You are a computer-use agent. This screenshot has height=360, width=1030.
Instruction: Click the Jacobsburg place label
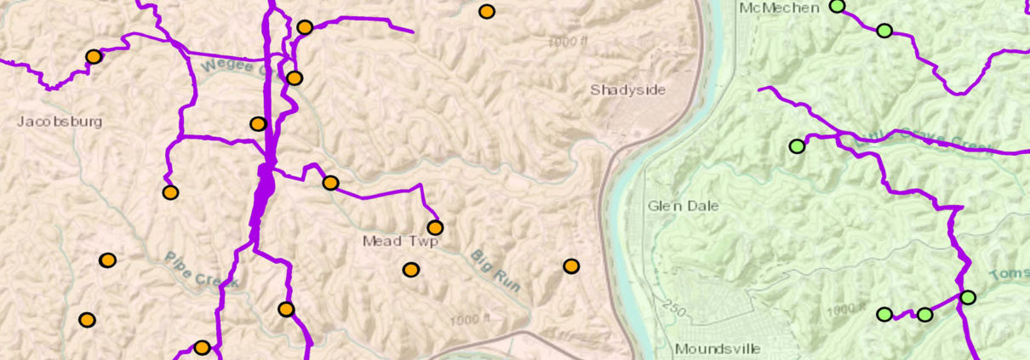60,122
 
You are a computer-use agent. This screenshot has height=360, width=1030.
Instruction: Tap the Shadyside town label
628,90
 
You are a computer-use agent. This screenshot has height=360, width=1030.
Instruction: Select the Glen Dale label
683,206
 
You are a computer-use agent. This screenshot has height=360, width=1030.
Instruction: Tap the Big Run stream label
495,271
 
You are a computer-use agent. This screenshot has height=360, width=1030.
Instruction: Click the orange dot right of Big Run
571,266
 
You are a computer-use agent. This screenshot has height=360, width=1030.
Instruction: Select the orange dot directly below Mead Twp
411,270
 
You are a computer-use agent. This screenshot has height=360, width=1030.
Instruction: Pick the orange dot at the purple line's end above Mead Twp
435,227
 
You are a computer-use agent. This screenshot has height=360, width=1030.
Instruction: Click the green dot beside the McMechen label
838,6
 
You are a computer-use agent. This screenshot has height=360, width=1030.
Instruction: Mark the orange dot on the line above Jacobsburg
94,57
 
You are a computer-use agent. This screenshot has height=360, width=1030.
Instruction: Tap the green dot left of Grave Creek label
797,146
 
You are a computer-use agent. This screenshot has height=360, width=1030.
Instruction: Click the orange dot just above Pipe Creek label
107,260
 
